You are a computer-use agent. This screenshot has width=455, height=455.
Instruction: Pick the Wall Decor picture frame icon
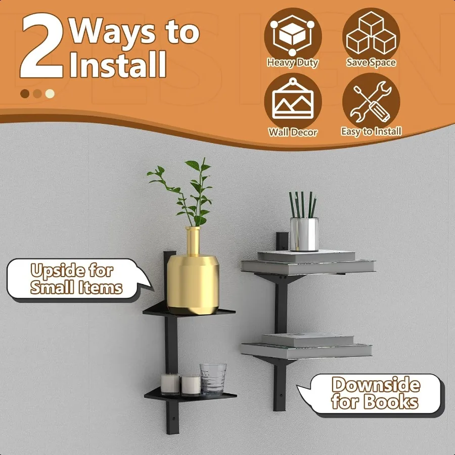293,102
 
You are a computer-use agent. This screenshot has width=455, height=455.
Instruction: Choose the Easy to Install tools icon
371,102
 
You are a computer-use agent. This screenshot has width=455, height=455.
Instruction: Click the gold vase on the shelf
193,281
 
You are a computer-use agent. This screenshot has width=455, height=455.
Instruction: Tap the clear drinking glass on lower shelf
213,378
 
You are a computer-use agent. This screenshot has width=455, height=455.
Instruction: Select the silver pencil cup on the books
304,234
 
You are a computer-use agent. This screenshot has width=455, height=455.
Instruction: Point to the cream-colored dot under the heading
50,94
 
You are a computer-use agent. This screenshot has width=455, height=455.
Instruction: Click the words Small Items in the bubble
76,288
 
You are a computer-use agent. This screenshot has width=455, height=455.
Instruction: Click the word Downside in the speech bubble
376,385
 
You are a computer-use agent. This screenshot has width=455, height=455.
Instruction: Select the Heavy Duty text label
293,63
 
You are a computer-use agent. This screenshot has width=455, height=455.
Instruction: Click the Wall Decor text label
293,132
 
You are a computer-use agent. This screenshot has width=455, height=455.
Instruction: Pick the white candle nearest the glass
191,385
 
